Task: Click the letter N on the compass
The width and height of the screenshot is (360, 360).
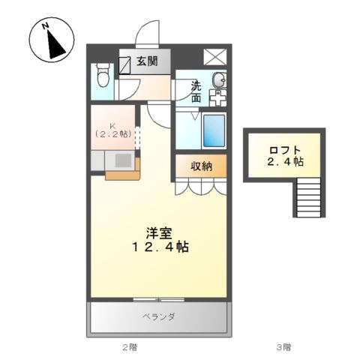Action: click(x=45, y=26)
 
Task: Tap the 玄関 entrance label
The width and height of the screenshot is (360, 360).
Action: click(x=147, y=61)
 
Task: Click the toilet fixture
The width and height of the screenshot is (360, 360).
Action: click(x=103, y=75)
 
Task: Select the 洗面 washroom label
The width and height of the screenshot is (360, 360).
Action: click(x=196, y=92)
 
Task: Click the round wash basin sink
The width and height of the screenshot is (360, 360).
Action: click(x=219, y=80)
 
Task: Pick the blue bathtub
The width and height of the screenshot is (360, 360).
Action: click(x=214, y=130)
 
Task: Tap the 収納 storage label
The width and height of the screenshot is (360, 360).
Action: click(x=202, y=166)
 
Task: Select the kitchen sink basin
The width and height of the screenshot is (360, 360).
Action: click(x=123, y=160)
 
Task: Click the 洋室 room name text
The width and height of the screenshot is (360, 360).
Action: click(x=159, y=233)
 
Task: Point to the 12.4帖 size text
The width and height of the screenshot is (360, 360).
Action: click(x=160, y=247)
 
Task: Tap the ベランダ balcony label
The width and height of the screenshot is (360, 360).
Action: click(x=159, y=316)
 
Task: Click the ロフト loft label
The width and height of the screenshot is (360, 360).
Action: click(x=285, y=150)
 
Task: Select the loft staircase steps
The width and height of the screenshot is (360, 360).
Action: click(x=308, y=197)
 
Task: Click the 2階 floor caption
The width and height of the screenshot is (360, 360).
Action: click(x=130, y=347)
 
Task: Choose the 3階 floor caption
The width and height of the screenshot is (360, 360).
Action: click(x=283, y=347)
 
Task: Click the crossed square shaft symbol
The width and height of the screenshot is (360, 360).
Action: click(x=215, y=57)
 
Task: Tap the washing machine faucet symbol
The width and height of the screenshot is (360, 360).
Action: click(x=218, y=97)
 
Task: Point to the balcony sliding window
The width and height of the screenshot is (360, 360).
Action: click(x=159, y=299)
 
